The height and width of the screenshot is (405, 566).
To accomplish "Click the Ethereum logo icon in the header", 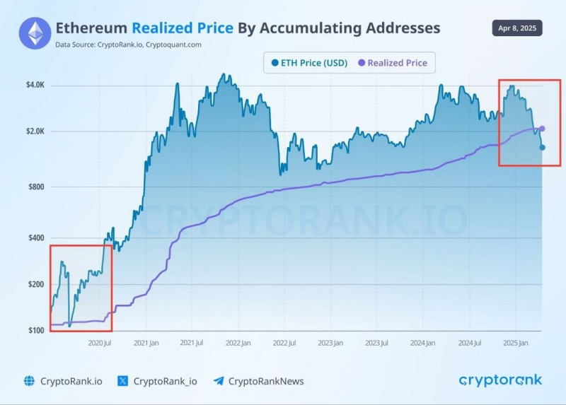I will (x=35, y=34).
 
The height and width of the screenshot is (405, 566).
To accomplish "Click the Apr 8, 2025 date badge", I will (x=516, y=29).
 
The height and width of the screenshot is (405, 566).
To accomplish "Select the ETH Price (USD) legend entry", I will (x=309, y=63).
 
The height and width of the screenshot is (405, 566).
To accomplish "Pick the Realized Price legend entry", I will (x=393, y=63).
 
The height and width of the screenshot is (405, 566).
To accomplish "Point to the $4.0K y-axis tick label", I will (x=34, y=86).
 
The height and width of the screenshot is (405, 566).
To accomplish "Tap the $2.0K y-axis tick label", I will (x=34, y=131).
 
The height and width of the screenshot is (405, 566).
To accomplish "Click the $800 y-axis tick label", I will (x=35, y=187).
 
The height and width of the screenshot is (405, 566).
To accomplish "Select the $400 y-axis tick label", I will (x=35, y=237).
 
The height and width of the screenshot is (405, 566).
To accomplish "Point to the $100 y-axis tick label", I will (x=35, y=331).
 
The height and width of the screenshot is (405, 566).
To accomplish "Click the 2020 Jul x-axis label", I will (x=99, y=344).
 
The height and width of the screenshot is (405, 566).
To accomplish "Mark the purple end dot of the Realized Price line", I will (x=542, y=129).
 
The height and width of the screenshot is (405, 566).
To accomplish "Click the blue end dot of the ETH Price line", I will (x=543, y=147).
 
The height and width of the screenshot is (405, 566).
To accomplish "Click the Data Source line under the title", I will (x=128, y=45).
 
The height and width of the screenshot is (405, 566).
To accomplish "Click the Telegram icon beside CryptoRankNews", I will (x=219, y=381).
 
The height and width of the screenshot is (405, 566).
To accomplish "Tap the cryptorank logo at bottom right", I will (x=500, y=380).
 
